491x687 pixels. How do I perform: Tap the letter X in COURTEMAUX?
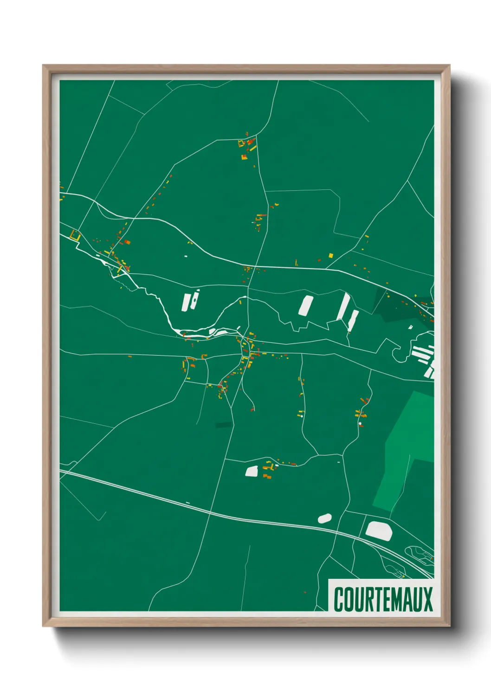427,599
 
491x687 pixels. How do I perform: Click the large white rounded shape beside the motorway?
379,530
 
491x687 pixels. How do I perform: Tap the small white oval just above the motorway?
324,518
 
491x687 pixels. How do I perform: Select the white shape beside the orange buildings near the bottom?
252,471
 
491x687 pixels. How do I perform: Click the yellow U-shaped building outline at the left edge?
75,235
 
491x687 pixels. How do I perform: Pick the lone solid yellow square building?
330,255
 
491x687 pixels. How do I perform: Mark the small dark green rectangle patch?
223,425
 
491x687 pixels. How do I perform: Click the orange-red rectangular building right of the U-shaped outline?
127,242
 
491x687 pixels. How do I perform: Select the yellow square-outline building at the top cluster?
241,143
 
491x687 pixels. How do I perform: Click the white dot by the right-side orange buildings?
360,423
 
